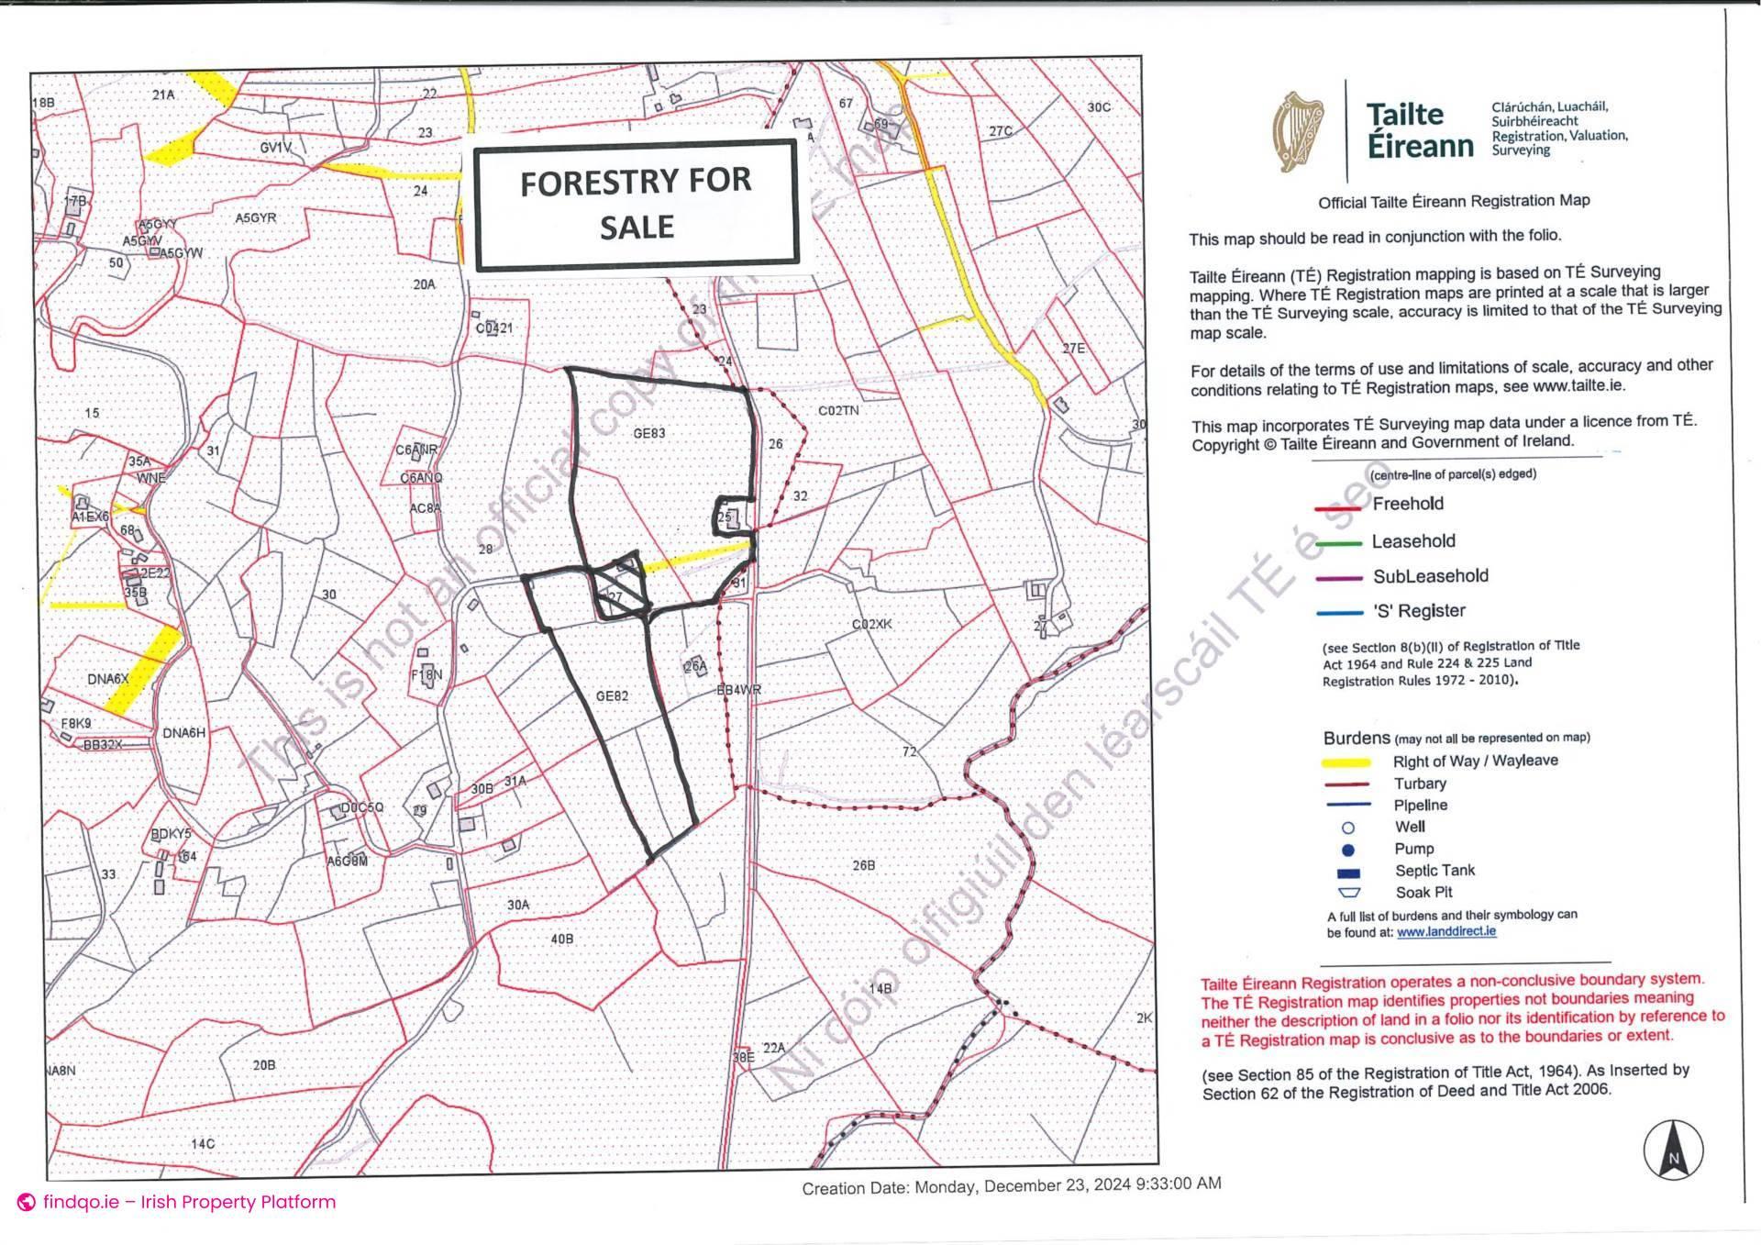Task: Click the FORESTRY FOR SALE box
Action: pos(636,204)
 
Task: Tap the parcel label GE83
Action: pos(648,433)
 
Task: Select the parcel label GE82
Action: pos(612,696)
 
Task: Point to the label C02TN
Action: pos(838,410)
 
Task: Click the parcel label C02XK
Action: pos(871,624)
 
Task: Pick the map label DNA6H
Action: pos(183,733)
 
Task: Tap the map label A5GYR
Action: pos(255,218)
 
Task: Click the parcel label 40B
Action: pos(561,939)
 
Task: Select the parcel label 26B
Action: pos(863,865)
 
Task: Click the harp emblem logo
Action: pos(1297,131)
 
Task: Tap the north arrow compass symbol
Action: pos(1673,1150)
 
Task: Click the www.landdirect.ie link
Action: pos(1445,931)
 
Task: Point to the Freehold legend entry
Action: pos(1407,504)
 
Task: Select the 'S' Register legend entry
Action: pos(1418,611)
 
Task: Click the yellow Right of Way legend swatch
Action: pos(1346,762)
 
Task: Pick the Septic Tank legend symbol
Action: pos(1349,873)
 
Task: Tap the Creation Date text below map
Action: pos(1011,1185)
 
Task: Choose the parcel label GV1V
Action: pos(275,147)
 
